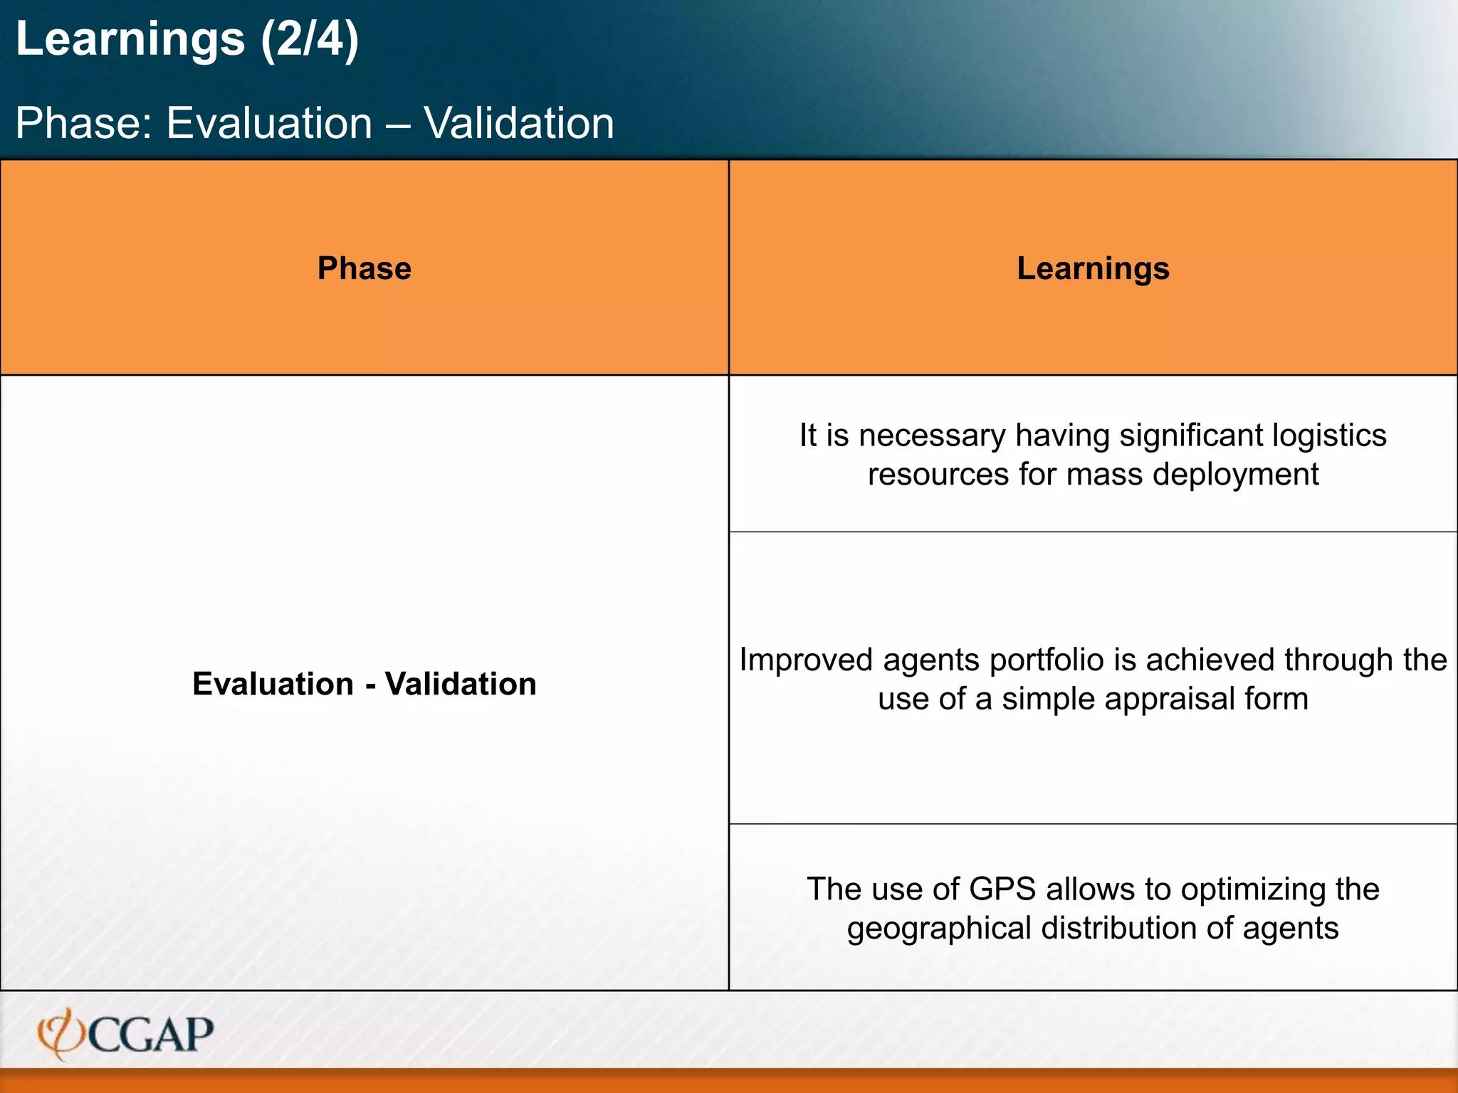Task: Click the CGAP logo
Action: click(x=126, y=1034)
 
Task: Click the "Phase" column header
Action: click(x=364, y=268)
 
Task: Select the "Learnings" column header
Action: click(x=1093, y=268)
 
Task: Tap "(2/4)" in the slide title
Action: click(x=310, y=39)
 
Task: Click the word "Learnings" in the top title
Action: click(x=130, y=39)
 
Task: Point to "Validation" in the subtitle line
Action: click(x=519, y=123)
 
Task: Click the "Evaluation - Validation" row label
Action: click(x=364, y=684)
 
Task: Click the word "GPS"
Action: click(x=1002, y=889)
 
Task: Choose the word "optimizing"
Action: click(x=1253, y=889)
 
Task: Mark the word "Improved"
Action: click(x=806, y=660)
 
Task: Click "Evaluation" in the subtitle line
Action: click(x=269, y=123)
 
